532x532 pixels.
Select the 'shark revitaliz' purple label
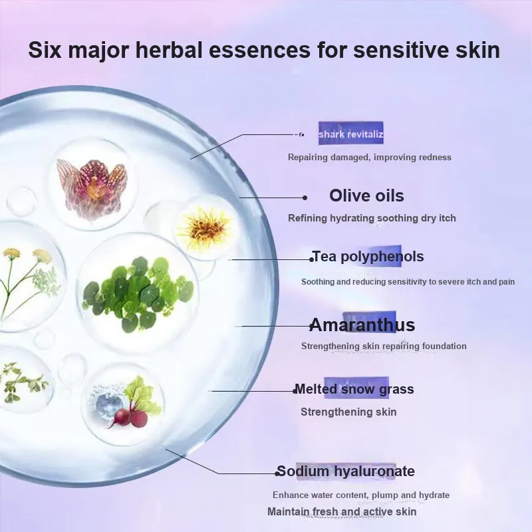(x=351, y=134)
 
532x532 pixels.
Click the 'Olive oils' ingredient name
(x=366, y=196)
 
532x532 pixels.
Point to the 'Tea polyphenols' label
(x=368, y=257)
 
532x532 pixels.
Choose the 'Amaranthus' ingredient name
(x=362, y=325)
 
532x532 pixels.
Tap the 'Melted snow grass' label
(x=354, y=389)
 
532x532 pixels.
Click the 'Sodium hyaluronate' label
(x=345, y=471)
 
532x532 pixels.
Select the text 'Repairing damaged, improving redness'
(x=370, y=157)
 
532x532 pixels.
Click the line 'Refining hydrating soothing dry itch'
(x=372, y=218)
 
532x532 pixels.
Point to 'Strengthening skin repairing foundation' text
(x=384, y=346)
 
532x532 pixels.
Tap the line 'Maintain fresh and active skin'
(x=342, y=511)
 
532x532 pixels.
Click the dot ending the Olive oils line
(x=305, y=198)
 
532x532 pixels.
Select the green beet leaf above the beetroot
(x=141, y=394)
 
